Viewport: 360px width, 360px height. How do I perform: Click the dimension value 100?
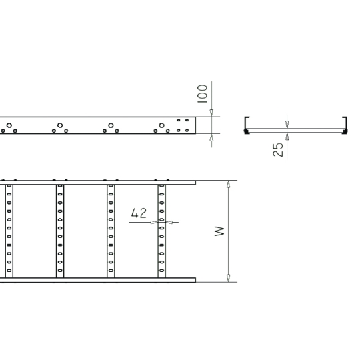tap(202, 94)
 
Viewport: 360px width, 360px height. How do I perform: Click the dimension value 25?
tap(278, 150)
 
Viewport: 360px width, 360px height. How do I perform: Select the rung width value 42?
tap(139, 213)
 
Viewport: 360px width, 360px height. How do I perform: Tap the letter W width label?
tap(219, 231)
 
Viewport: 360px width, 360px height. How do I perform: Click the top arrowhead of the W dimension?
tap(228, 184)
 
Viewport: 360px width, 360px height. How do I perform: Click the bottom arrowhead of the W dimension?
tap(228, 278)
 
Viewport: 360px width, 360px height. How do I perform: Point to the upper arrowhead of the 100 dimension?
tap(211, 113)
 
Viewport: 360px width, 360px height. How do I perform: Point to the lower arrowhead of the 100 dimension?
tap(211, 137)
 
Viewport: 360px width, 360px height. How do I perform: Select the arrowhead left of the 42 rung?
tap(154, 222)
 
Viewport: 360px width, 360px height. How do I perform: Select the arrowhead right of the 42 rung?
tap(169, 222)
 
